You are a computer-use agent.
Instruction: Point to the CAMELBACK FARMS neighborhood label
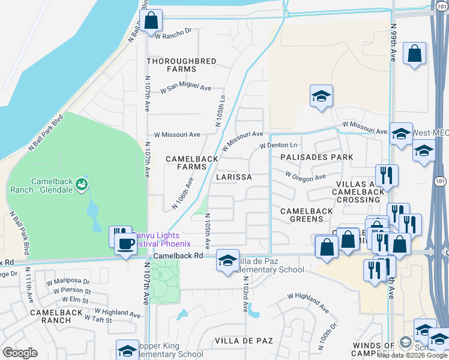[x=192, y=163]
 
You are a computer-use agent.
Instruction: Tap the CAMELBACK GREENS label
[x=307, y=215]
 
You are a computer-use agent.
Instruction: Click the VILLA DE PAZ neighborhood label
[x=244, y=341]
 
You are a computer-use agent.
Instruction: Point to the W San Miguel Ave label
[x=185, y=89]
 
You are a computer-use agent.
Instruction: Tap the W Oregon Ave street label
[x=305, y=177]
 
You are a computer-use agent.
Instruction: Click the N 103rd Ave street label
[x=246, y=298]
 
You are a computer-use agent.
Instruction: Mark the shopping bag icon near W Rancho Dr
[x=151, y=20]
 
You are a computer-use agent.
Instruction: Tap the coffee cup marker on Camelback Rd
[x=125, y=244]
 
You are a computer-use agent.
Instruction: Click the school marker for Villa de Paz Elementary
[x=228, y=260]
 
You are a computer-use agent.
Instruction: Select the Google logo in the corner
[x=20, y=353]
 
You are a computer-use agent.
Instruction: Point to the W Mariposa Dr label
[x=70, y=281]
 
